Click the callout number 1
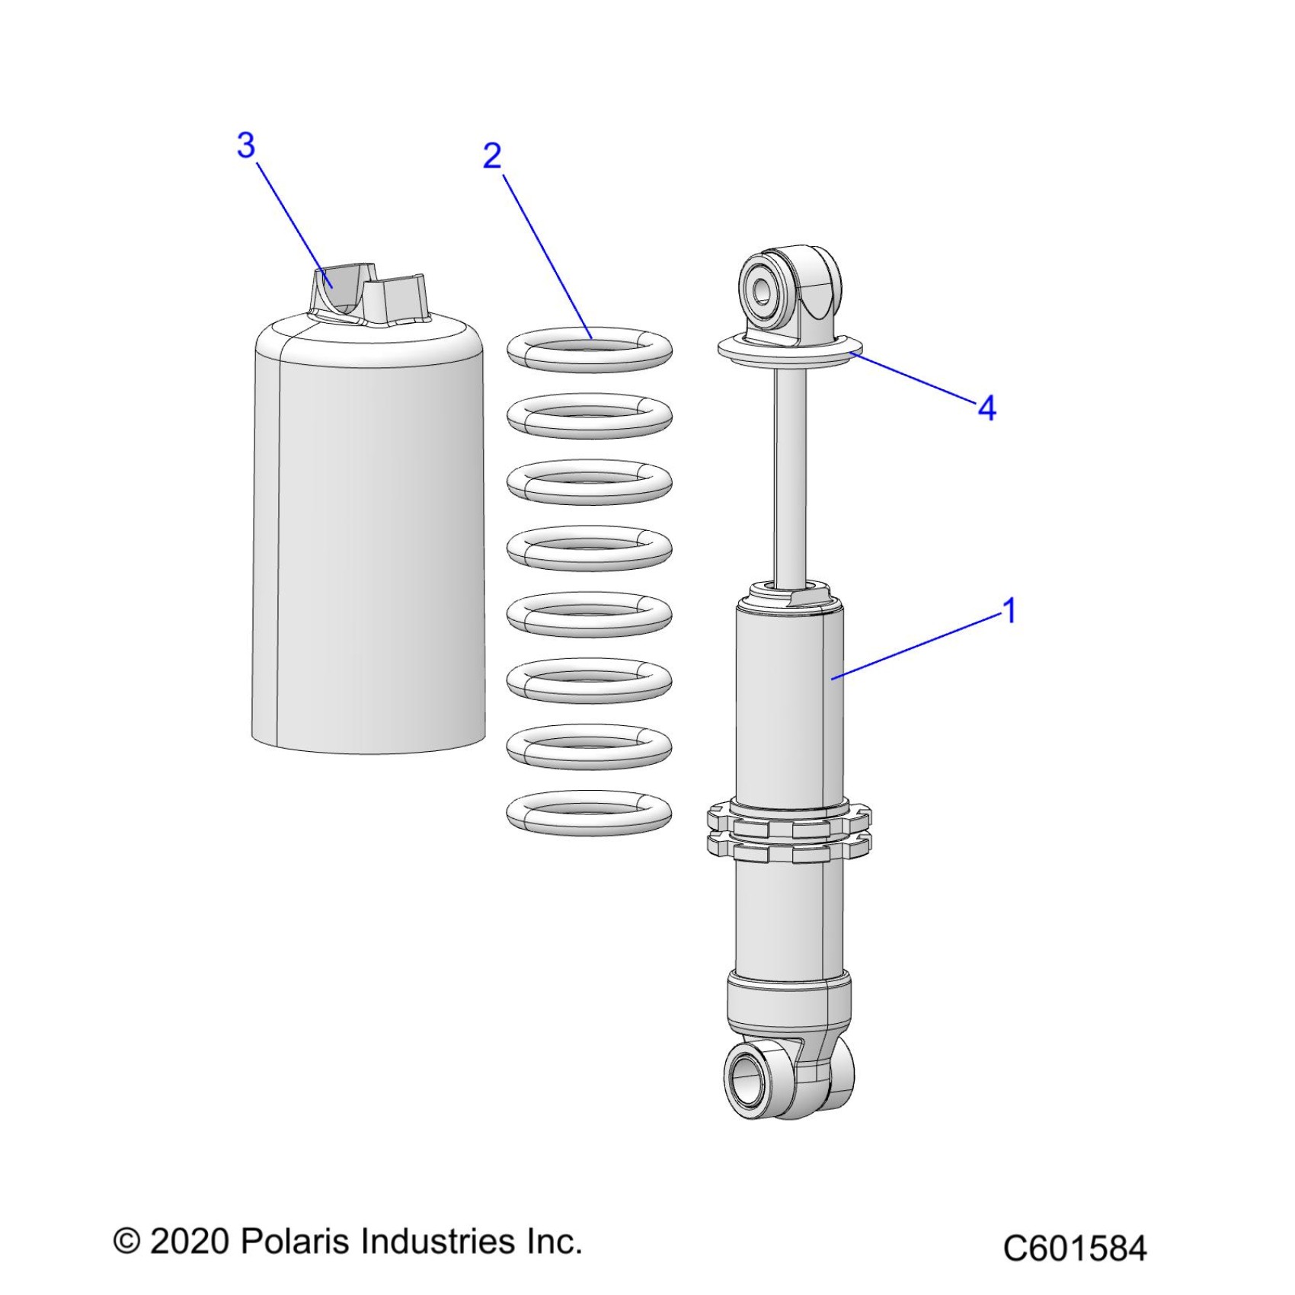click(1009, 611)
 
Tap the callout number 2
click(493, 156)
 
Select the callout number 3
click(245, 145)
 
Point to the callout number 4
click(986, 409)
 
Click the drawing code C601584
click(1074, 1249)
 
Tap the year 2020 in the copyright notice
click(190, 1242)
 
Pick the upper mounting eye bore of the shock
click(761, 292)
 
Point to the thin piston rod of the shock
click(790, 472)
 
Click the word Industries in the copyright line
click(439, 1241)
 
